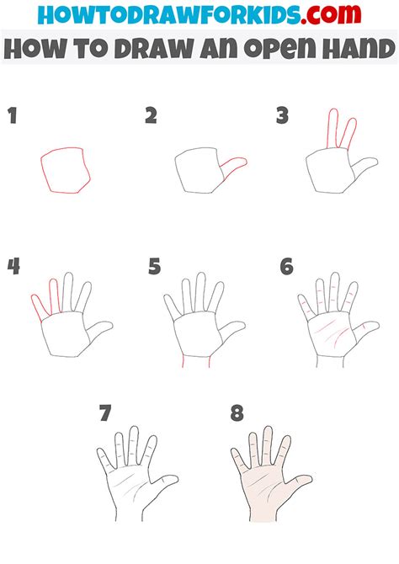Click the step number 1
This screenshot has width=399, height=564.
click(x=13, y=115)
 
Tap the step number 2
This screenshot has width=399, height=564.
click(x=152, y=115)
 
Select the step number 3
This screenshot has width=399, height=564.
click(x=283, y=115)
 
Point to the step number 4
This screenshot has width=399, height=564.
click(x=13, y=267)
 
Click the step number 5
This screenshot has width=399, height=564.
click(x=154, y=267)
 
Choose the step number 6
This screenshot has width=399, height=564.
click(x=287, y=267)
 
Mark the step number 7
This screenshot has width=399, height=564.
click(x=105, y=413)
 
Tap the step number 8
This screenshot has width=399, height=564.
click(x=237, y=413)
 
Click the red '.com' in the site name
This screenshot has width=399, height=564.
click(x=331, y=14)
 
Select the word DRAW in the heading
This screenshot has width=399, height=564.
click(x=156, y=49)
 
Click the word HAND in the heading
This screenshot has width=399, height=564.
click(x=359, y=49)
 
